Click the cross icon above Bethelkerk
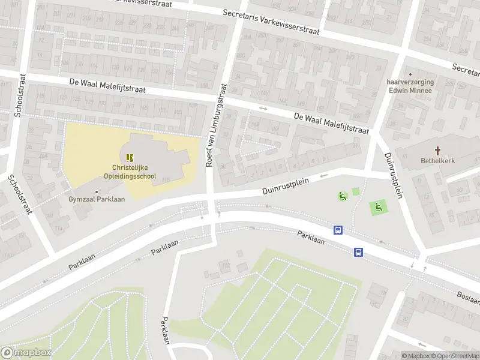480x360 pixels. point(437,151)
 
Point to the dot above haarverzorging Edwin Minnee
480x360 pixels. point(410,74)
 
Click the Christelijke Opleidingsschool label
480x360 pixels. point(133,172)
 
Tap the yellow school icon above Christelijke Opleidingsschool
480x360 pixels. point(130,158)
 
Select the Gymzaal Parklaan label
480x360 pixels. point(96,199)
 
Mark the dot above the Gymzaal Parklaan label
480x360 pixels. point(96,191)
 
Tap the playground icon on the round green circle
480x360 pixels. point(343,196)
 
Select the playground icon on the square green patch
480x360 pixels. point(378,208)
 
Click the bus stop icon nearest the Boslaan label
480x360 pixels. point(358,252)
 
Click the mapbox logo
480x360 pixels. point(26,353)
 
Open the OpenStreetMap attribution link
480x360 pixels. point(454,356)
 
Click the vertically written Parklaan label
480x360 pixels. point(166,329)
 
